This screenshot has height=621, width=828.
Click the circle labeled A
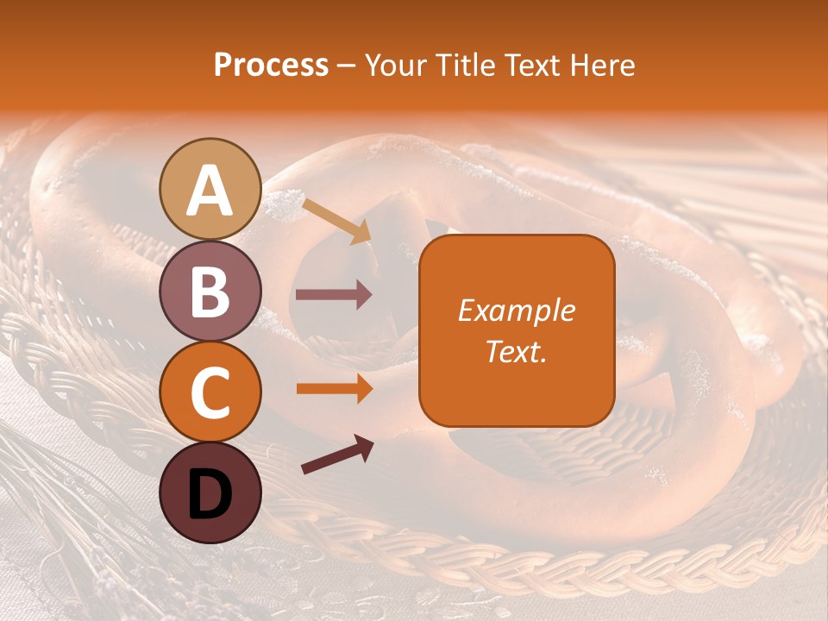point(210,189)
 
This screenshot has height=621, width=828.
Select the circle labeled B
point(210,291)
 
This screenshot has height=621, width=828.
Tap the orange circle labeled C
point(210,392)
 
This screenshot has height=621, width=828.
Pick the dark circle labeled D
point(210,492)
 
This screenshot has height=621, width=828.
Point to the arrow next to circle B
point(334,295)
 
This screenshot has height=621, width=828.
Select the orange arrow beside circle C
point(334,389)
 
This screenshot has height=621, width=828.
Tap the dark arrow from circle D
point(337,455)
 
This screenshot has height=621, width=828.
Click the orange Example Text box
point(517,330)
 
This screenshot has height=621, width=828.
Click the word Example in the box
point(517,310)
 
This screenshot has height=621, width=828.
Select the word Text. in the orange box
point(517,351)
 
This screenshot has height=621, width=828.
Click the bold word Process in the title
point(271,65)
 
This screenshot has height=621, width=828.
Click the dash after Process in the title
point(347,66)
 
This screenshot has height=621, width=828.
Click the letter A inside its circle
point(210,191)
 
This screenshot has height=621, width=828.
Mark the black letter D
point(210,494)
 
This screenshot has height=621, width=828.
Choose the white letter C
point(210,393)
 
